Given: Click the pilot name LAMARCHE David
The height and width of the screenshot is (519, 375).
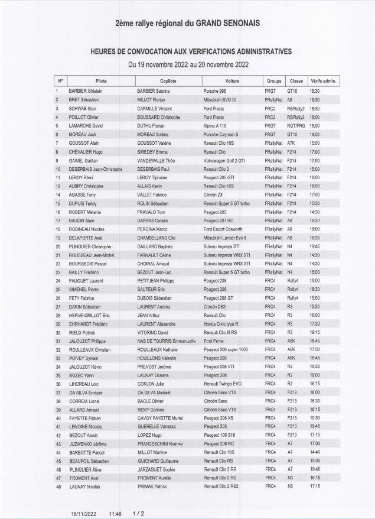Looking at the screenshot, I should (86, 126).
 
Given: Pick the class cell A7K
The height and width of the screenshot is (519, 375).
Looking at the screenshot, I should (291, 143).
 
